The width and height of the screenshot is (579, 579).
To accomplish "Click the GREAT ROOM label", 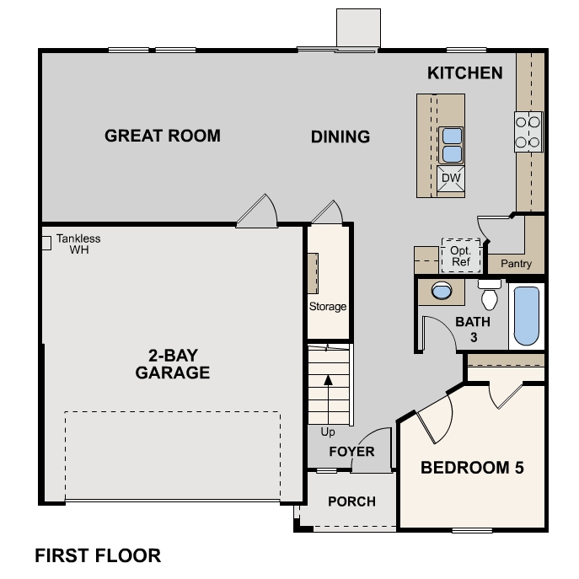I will [163, 135].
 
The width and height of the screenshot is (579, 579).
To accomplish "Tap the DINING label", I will [340, 137].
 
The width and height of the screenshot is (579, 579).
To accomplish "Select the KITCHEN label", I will [465, 72].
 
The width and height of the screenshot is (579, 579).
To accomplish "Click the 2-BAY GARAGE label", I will [173, 362].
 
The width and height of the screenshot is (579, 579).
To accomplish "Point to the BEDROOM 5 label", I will [472, 468].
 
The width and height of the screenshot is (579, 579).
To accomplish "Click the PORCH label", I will [351, 501].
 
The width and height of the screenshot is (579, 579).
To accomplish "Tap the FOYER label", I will [351, 452].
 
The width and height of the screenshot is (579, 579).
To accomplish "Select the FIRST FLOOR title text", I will [98, 555].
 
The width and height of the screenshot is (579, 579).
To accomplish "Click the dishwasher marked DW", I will [451, 179].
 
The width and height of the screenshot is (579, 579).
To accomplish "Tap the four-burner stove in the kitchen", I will [528, 132].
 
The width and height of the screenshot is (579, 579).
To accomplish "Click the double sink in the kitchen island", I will [451, 144].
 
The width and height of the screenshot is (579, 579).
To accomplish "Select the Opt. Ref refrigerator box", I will [460, 255].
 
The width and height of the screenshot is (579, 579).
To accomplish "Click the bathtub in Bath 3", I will [526, 316].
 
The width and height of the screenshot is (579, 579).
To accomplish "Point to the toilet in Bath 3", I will [490, 295].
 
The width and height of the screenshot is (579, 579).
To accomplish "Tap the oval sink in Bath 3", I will [441, 292].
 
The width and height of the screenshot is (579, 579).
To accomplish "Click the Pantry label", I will [516, 264].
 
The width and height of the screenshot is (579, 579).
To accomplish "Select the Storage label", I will [327, 307].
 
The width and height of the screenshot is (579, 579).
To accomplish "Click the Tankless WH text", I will [78, 244].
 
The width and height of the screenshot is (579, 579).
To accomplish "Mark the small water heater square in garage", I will [46, 243].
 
